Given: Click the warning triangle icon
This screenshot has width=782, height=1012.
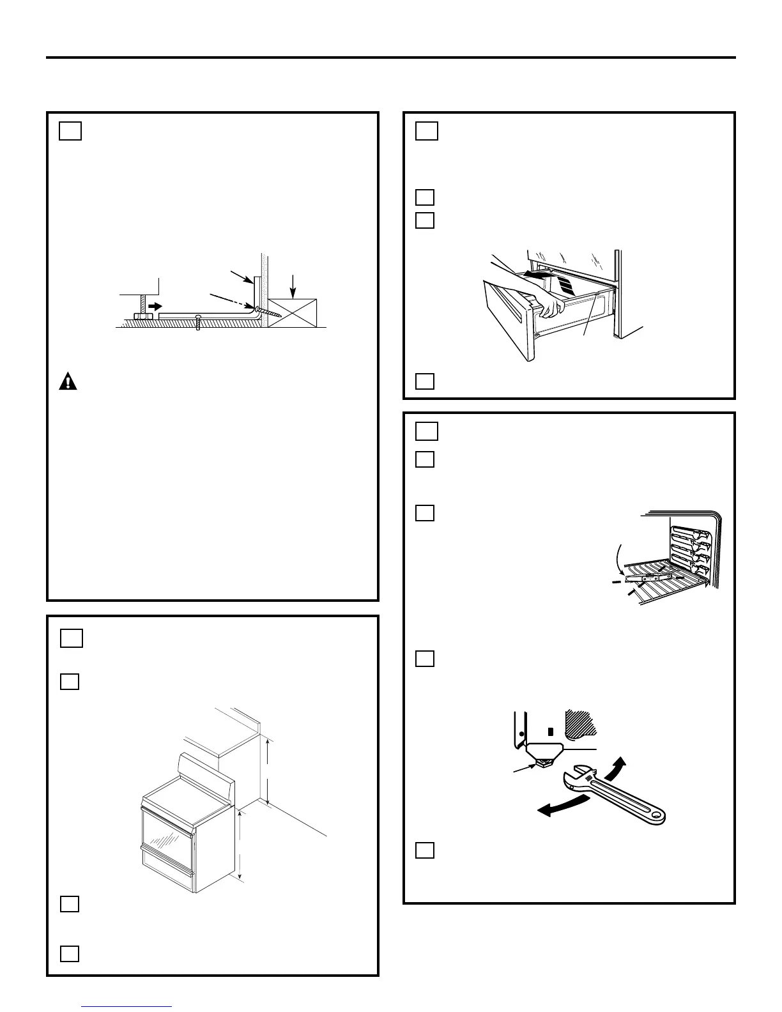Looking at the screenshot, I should click(68, 381).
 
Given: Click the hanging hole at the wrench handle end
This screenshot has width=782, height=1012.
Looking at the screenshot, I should click(655, 816).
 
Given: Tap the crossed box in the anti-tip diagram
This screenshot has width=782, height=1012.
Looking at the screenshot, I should click(293, 312).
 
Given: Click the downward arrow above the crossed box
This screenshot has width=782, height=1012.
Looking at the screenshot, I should click(293, 284).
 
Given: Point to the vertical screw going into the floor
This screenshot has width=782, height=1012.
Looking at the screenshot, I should click(199, 322).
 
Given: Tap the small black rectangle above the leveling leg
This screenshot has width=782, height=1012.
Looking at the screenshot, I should click(549, 730).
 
